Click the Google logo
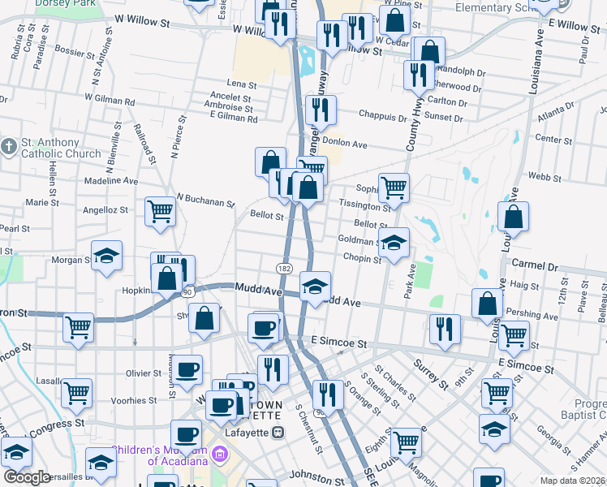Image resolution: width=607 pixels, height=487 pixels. tap(28, 477)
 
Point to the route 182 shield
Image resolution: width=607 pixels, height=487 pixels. tap(284, 268)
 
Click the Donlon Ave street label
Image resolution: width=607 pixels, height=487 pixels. tap(347, 144)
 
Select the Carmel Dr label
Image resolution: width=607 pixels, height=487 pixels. tap(536, 265)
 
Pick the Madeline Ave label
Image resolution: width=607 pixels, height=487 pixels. tap(111, 181)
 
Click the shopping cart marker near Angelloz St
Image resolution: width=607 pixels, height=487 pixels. tap(160, 212)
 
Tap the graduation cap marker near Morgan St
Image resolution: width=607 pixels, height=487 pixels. tap(105, 256)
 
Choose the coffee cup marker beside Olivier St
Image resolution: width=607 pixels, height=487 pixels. tap(187, 370)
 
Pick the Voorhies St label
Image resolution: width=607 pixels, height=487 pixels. tap(136, 400)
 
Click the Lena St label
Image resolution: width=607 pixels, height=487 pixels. tap(242, 84)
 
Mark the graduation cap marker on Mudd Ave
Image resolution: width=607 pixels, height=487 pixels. tap(315, 286)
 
